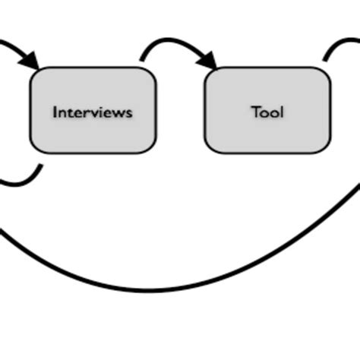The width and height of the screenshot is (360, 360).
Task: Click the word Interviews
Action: tap(92, 112)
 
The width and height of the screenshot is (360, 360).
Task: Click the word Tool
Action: tap(267, 112)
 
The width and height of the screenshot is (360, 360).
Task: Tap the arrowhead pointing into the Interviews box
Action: tap(30, 60)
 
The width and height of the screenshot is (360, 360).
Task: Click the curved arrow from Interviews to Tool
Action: tap(171, 44)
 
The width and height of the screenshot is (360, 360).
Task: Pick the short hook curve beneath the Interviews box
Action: tap(27, 180)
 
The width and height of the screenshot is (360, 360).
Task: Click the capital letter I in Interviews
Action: tap(55, 112)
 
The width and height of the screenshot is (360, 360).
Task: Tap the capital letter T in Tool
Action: tap(256, 112)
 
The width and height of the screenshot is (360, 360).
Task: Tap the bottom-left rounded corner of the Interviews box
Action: tap(35, 148)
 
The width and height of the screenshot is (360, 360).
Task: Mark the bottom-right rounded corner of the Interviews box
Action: tap(150, 148)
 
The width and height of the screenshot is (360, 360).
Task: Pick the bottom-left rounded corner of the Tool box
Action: tap(210, 148)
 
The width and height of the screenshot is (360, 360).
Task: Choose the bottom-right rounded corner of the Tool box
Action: tap(326, 148)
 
